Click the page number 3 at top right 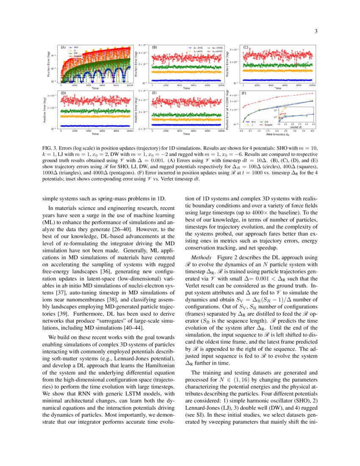point(316,31)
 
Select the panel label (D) point(63,93)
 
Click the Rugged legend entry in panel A point(78,56)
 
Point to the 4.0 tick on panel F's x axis point(312,131)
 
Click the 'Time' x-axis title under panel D point(95,134)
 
